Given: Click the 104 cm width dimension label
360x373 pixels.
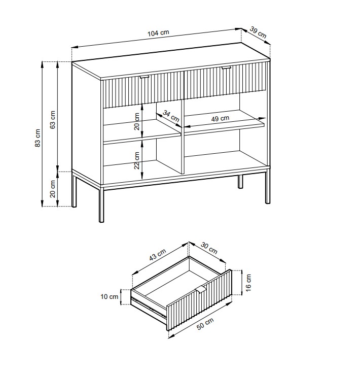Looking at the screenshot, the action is pyautogui.click(x=158, y=33).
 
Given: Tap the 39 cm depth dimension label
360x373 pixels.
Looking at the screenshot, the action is pyautogui.click(x=258, y=32).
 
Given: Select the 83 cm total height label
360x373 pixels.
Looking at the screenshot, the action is pyautogui.click(x=38, y=138).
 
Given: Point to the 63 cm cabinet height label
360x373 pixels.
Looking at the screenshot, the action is pyautogui.click(x=53, y=120).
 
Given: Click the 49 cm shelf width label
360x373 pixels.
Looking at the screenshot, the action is pyautogui.click(x=220, y=118).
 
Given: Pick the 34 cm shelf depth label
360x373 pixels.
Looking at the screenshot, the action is pyautogui.click(x=171, y=116).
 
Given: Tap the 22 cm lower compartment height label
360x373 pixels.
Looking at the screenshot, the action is pyautogui.click(x=137, y=160).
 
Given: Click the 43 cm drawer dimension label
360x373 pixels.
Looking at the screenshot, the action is pyautogui.click(x=158, y=255).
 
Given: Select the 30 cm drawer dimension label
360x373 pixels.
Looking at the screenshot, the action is pyautogui.click(x=209, y=248).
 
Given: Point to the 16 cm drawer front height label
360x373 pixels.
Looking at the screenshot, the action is pyautogui.click(x=248, y=283).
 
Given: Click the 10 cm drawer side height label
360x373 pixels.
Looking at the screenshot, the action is pyautogui.click(x=110, y=297).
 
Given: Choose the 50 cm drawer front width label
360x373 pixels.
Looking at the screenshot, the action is pyautogui.click(x=205, y=324).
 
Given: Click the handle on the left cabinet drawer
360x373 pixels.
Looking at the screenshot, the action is pyautogui.click(x=144, y=77).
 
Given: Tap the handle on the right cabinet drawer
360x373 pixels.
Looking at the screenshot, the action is pyautogui.click(x=226, y=68).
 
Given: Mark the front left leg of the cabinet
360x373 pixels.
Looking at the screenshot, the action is pyautogui.click(x=101, y=204).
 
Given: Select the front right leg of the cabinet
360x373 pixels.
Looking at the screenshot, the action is pyautogui.click(x=268, y=186).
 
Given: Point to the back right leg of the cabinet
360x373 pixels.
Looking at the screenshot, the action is pyautogui.click(x=241, y=182).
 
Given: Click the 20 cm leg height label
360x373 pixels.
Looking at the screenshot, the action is pyautogui.click(x=53, y=189).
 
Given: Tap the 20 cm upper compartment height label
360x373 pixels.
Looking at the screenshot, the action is pyautogui.click(x=137, y=121).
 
